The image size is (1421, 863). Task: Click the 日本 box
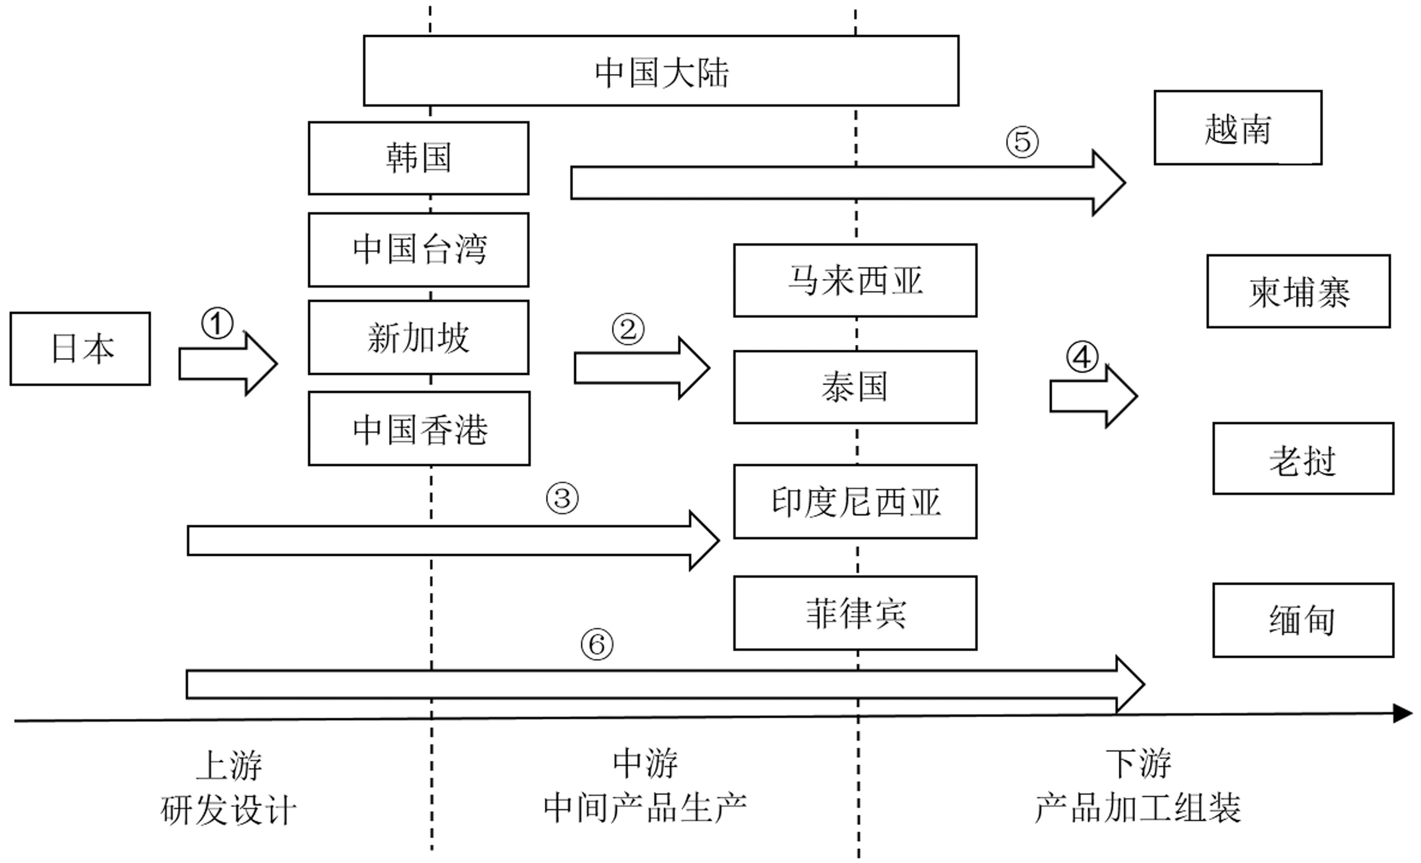tap(80, 348)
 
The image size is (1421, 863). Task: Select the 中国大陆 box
tap(661, 70)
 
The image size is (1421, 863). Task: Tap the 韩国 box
tap(419, 158)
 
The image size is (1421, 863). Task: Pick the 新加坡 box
tap(419, 337)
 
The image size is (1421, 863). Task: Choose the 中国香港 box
tap(419, 429)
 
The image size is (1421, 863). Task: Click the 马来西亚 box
tap(855, 280)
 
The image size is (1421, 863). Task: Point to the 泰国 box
tap(855, 387)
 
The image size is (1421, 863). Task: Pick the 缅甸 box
tap(1303, 620)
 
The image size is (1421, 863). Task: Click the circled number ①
tap(217, 323)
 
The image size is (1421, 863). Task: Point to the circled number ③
tap(562, 498)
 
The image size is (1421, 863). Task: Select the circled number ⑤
tap(1022, 141)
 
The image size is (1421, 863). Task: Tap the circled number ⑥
tap(597, 644)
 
